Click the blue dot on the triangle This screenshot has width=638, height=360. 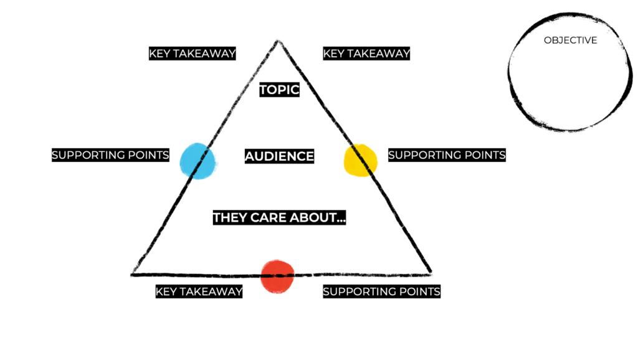pos(198,160)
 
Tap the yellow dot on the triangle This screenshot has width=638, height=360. pos(361,159)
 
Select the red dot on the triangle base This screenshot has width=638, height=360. pos(277,276)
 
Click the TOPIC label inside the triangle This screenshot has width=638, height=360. pos(280,90)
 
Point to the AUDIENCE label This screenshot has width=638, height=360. pos(279,156)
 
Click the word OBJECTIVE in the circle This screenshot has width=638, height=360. pos(570,40)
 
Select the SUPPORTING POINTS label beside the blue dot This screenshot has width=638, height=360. pos(110,155)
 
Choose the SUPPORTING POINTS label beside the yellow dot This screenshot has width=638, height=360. pos(447,154)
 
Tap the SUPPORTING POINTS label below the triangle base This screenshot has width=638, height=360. pos(381,291)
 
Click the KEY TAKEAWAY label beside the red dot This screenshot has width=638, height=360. pos(199,291)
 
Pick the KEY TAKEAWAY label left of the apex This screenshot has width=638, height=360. pos(193,54)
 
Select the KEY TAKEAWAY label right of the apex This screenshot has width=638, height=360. pos(366,54)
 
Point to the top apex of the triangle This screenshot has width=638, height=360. pos(278,42)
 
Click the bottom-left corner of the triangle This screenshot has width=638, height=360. pos(133,273)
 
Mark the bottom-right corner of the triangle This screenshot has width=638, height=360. pos(430,272)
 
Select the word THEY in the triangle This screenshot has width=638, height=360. pos(230,218)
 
